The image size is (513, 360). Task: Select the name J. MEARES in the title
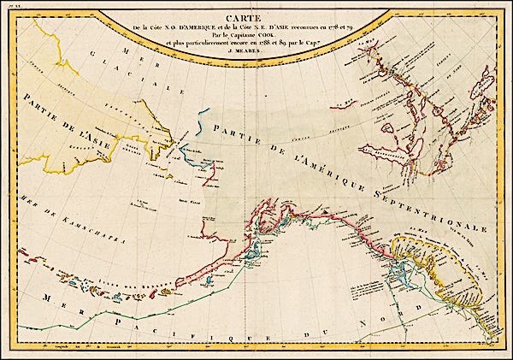coord(256,57)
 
